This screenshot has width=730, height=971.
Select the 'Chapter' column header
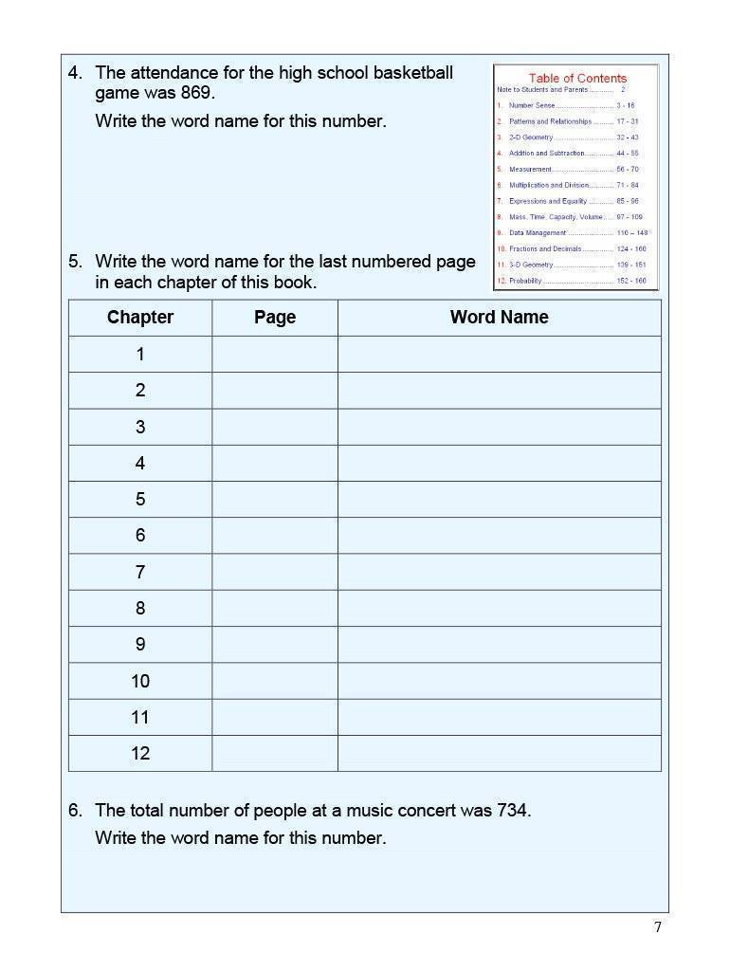click(140, 318)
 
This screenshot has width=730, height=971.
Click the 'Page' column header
click(275, 318)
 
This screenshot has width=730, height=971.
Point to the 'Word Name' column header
click(499, 318)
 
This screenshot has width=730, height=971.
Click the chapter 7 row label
click(140, 572)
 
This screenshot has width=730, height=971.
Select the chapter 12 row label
click(140, 753)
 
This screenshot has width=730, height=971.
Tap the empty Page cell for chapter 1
click(275, 354)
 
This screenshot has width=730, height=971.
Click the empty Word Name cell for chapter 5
click(499, 499)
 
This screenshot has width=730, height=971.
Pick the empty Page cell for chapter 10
click(275, 681)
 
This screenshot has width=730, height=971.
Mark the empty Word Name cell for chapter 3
click(499, 427)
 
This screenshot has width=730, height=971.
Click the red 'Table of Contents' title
click(577, 78)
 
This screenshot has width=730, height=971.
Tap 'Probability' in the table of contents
click(526, 281)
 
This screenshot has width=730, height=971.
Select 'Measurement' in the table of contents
click(530, 169)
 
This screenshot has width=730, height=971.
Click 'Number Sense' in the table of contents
click(532, 105)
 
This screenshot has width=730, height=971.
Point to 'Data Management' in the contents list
click(538, 232)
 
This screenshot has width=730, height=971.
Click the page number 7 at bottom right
click(658, 927)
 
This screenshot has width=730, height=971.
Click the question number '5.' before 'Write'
click(76, 262)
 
